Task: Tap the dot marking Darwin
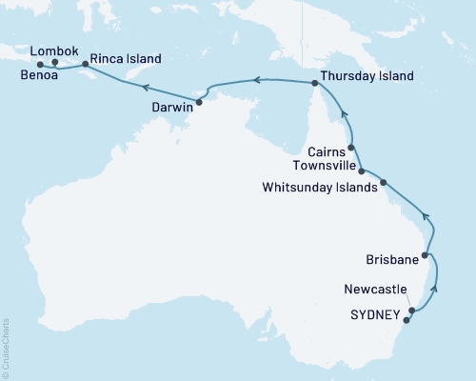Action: point(199,101)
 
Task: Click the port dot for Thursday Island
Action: point(313,84)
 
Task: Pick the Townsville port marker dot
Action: point(362,170)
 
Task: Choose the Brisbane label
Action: point(392,259)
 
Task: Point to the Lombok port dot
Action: point(55,63)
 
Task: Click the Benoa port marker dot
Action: point(40,66)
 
